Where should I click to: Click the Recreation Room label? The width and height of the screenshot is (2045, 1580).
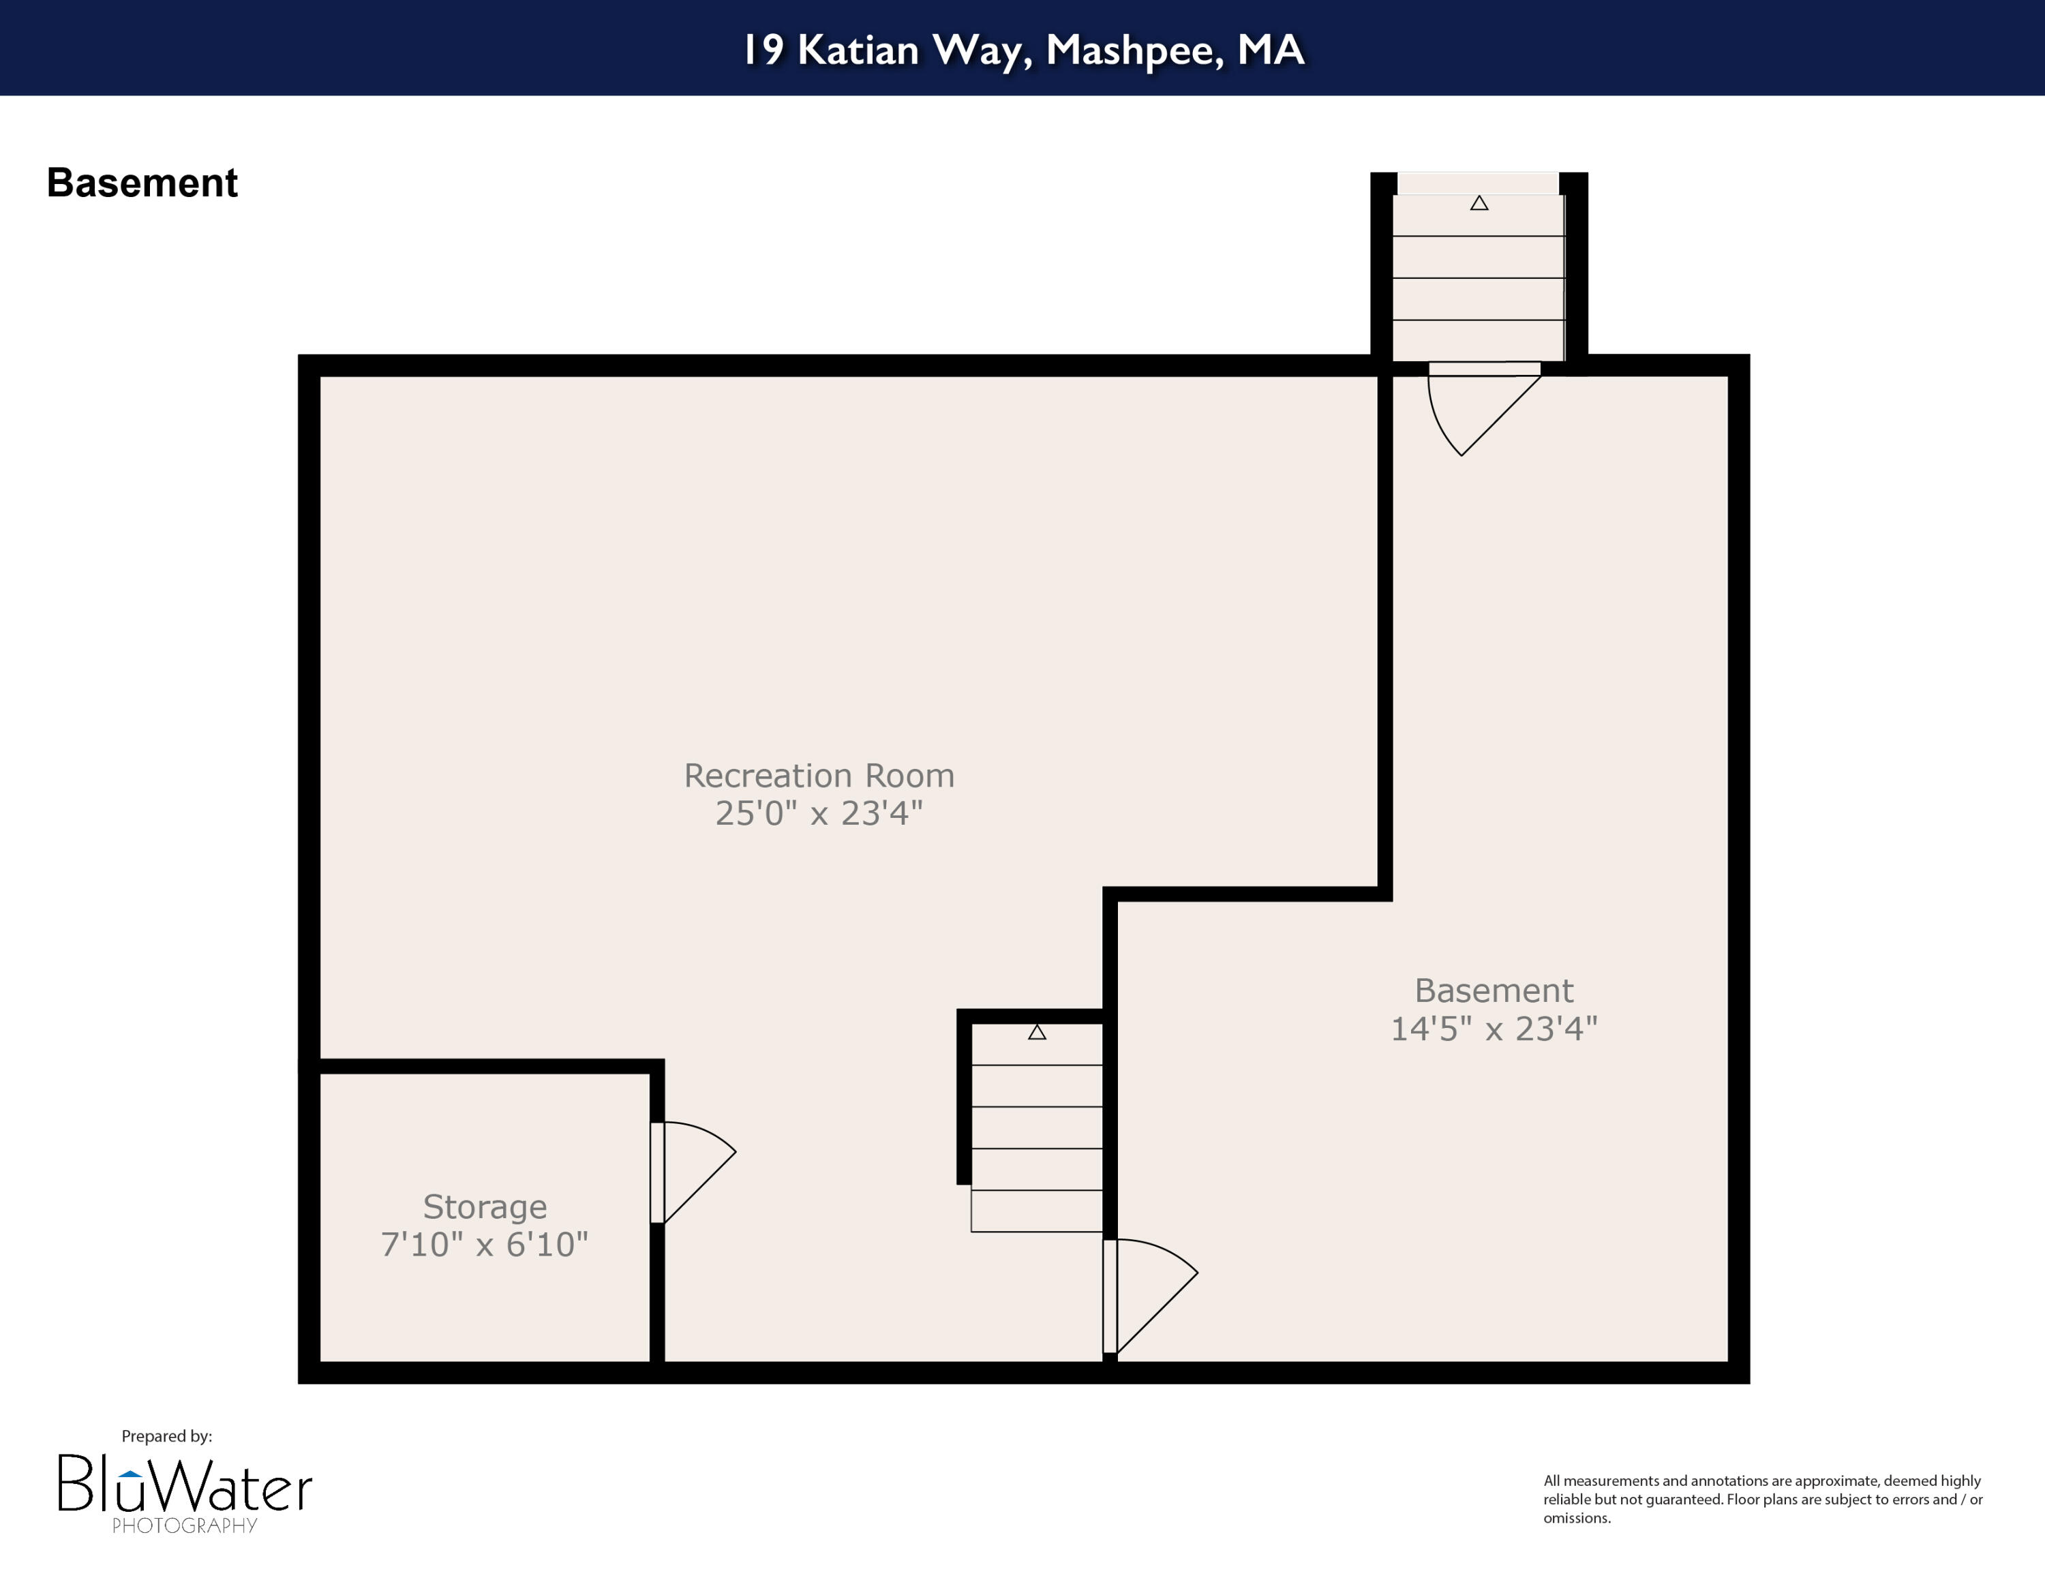point(819,776)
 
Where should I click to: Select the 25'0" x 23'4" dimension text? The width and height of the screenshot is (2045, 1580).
point(819,813)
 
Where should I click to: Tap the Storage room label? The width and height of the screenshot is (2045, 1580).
point(484,1206)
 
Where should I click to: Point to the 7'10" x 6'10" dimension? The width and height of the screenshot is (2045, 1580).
point(484,1244)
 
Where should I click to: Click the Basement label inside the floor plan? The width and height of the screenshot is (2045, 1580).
point(1493,990)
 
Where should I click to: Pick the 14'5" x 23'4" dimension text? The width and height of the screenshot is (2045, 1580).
point(1493,1029)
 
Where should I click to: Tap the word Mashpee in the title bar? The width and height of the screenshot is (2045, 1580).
point(1134,50)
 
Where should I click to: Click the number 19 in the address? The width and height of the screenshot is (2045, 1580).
point(763,50)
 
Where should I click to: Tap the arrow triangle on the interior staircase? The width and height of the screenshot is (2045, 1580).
point(1037,1033)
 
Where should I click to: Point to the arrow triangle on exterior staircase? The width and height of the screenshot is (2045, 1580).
point(1479,203)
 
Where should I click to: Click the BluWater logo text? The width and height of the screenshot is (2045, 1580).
point(185,1485)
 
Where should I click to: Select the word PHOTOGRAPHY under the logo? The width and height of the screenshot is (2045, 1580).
point(185,1525)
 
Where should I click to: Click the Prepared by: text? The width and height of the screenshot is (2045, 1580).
point(167,1436)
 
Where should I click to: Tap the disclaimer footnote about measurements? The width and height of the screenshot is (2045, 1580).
point(1762,1499)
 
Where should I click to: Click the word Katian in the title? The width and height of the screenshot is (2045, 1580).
point(858,50)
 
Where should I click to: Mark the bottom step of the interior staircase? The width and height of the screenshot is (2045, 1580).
point(1037,1211)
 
